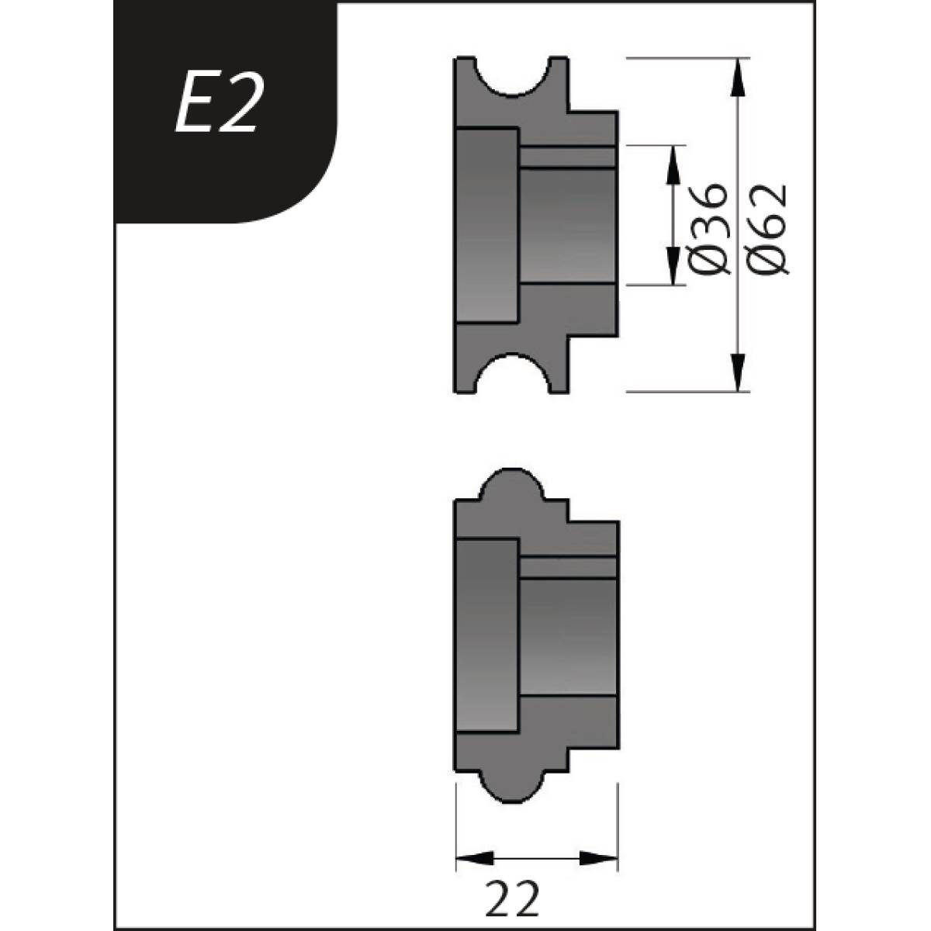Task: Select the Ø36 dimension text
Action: click(x=708, y=229)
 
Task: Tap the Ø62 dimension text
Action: click(x=768, y=229)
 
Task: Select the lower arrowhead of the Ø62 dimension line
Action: click(x=738, y=372)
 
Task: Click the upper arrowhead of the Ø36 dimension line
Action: click(x=672, y=162)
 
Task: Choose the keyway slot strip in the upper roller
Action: click(x=568, y=157)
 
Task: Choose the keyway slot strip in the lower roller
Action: click(x=568, y=567)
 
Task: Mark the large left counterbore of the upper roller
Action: click(x=486, y=225)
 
